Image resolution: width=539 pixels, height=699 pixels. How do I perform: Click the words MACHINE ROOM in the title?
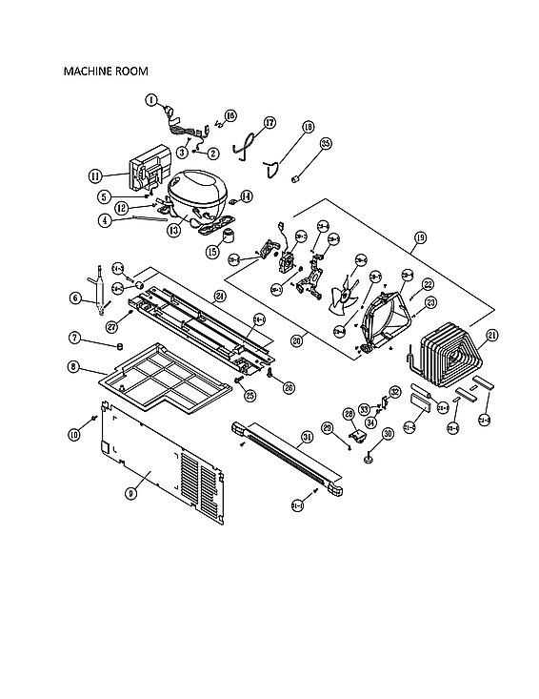pos(105,71)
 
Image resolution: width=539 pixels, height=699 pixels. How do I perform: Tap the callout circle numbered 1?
pos(150,99)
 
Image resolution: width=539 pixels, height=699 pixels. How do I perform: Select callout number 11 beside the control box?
pos(95,175)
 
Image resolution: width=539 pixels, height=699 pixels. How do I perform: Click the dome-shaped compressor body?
pos(198,187)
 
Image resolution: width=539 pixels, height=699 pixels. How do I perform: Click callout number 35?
pos(326,144)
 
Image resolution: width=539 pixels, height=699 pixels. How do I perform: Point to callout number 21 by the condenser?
pos(492,335)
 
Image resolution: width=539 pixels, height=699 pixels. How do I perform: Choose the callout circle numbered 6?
pos(73,298)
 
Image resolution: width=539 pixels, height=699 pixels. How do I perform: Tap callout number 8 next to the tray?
pos(73,366)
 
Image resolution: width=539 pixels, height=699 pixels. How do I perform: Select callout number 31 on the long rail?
pos(306,439)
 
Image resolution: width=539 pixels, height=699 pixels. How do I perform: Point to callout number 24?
pos(219,296)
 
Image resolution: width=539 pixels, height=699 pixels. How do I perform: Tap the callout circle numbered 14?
pos(247,196)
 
